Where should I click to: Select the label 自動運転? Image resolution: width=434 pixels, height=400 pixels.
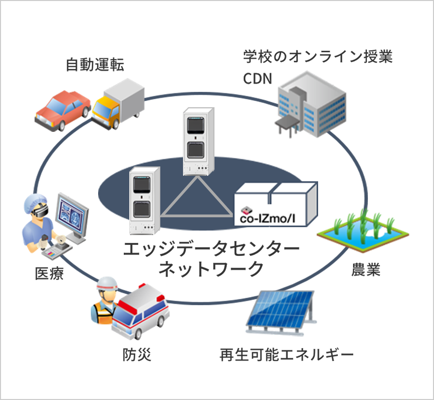[95, 65]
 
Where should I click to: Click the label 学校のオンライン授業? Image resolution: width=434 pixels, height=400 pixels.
[317, 56]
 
